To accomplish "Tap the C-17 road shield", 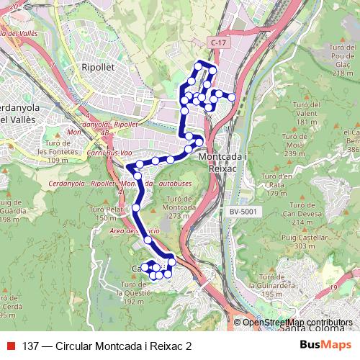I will point(219,43).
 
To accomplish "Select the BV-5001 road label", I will point(245,212).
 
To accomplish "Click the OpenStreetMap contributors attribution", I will point(297,322).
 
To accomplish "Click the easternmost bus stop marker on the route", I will point(232,97).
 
